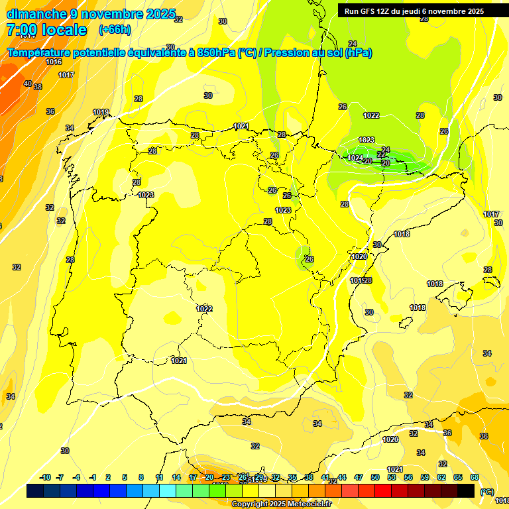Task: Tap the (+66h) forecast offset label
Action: pos(115,30)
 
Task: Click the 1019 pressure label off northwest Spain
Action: pos(101,112)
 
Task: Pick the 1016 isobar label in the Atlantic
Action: pos(54,62)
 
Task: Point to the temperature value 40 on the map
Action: pos(27,84)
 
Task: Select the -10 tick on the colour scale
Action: pos(46,477)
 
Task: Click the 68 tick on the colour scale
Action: pos(475,477)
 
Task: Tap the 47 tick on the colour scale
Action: pos(359,477)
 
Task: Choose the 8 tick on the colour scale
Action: pos(141,477)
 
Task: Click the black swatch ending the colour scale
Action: pos(466,490)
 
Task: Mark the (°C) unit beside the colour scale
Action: pos(486,492)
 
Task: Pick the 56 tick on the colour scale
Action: pos(408,477)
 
